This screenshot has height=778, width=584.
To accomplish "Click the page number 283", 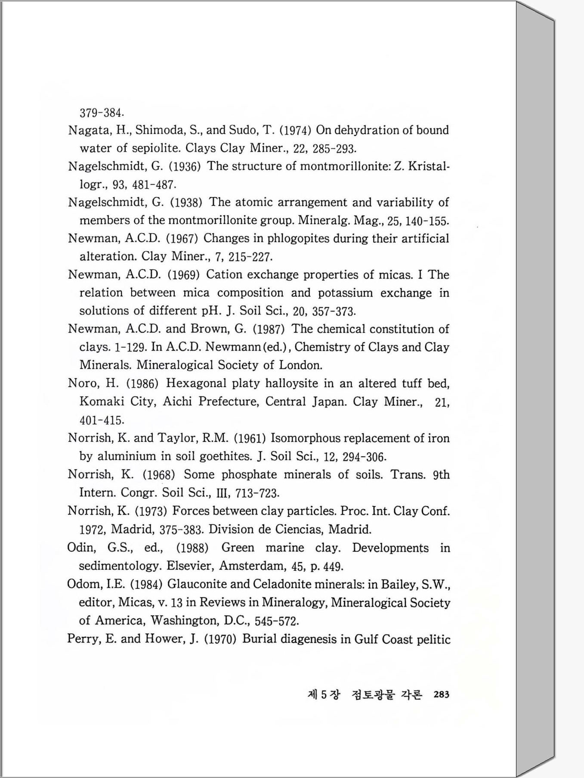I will [x=442, y=694].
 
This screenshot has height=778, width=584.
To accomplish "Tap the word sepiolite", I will [x=155, y=148].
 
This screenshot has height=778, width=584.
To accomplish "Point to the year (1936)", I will [x=184, y=167].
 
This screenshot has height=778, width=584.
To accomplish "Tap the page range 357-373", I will [x=334, y=311].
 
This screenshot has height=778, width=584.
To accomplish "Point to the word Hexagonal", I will [x=196, y=383].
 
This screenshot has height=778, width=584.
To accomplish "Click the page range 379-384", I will [x=102, y=113].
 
